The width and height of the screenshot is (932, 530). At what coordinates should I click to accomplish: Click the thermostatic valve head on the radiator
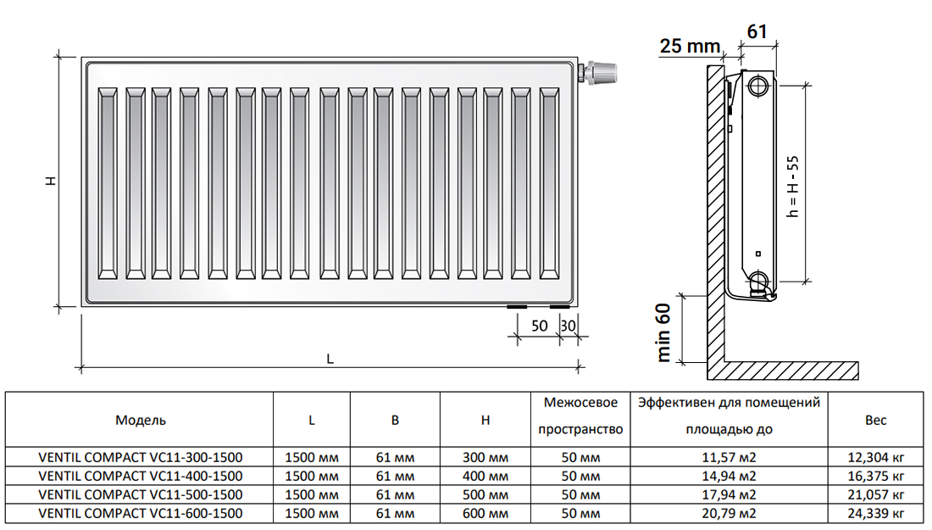coord(602,73)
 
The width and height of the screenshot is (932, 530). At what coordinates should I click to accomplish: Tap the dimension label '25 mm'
coord(690,45)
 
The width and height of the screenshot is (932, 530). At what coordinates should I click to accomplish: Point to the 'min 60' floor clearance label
coord(663,332)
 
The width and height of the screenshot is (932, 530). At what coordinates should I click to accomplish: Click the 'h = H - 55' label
coord(793,187)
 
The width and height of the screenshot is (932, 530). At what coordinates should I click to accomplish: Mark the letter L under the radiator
coord(330,359)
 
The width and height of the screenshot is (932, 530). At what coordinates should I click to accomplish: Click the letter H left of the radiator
coord(51,181)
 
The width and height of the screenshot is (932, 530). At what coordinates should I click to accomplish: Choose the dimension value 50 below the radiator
coord(539,326)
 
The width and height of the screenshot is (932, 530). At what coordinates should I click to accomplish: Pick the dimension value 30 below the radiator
coord(569,326)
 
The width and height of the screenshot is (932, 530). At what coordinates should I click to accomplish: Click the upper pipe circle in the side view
coord(757,86)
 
